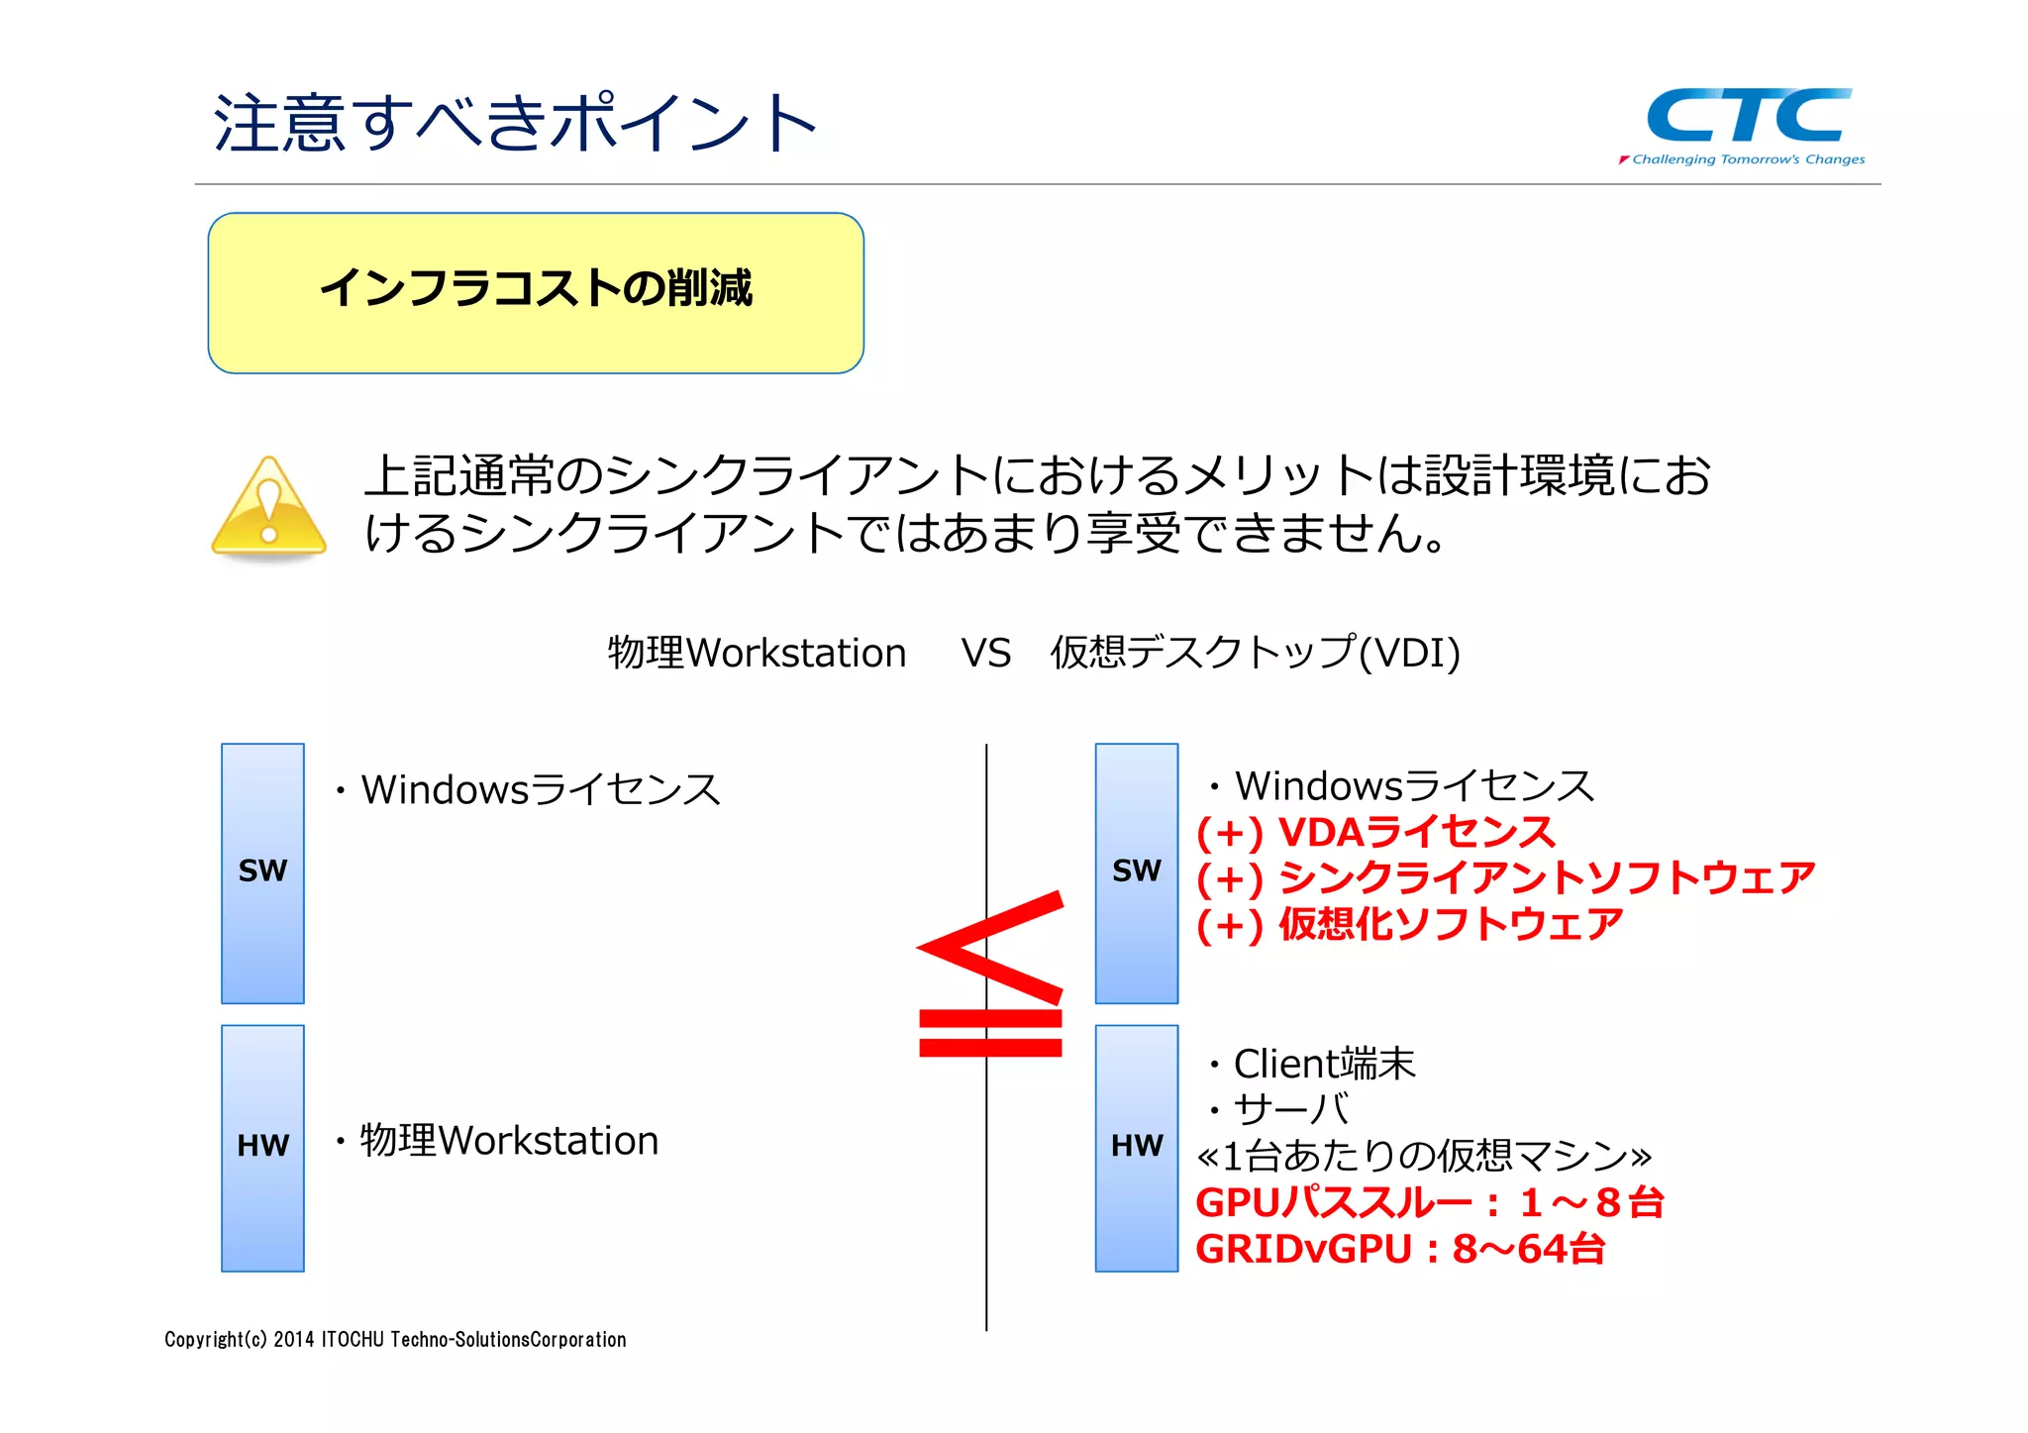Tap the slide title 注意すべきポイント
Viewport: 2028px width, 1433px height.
[x=515, y=124]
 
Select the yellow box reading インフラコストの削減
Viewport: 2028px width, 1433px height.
[x=536, y=292]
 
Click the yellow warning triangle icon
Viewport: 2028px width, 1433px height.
[x=268, y=508]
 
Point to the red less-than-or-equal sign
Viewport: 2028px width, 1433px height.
[x=990, y=975]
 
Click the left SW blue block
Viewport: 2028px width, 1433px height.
[x=262, y=872]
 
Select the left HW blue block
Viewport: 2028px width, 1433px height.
[x=262, y=1147]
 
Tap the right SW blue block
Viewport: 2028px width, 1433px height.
[x=1136, y=872]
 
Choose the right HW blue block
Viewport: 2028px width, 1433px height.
[x=1136, y=1147]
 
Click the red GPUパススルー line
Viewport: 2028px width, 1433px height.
[x=1429, y=1202]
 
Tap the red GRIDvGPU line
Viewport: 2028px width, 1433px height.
[x=1399, y=1249]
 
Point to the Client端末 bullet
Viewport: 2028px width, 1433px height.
[x=1323, y=1065]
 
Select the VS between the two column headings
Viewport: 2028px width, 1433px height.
[x=985, y=654]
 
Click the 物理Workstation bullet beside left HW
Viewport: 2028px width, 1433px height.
[x=508, y=1141]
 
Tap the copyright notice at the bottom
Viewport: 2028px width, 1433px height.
[x=395, y=1340]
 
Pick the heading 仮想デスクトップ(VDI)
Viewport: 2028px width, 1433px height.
[x=1255, y=654]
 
